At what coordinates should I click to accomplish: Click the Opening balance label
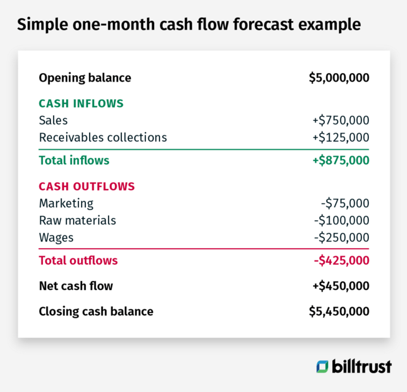pos(85,78)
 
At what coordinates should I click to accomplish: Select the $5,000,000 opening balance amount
pos(339,78)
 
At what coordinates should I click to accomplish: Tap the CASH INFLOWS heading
pos(81,103)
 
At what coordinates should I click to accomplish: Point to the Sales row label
pos(53,120)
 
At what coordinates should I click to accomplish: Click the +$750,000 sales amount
pos(341,120)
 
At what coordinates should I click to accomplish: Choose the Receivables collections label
pos(103,137)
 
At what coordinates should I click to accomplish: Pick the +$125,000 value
pos(341,137)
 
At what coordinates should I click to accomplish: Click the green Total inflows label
pos(74,160)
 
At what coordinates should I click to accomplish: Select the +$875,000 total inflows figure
pos(341,160)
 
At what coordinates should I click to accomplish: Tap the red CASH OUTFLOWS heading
pos(87,186)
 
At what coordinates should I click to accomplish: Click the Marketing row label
pos(66,203)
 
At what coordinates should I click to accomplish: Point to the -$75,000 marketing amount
pos(345,203)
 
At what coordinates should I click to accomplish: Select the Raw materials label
pos(77,220)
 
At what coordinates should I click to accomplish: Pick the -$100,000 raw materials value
pos(341,220)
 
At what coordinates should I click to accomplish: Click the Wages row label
pos(56,238)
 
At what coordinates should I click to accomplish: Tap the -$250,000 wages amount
pos(341,238)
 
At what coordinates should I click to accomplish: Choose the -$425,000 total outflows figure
pos(341,261)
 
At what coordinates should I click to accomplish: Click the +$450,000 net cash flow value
pos(341,286)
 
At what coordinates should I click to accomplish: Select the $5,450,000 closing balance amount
pos(339,311)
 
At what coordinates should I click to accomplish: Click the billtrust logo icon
pos(322,367)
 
